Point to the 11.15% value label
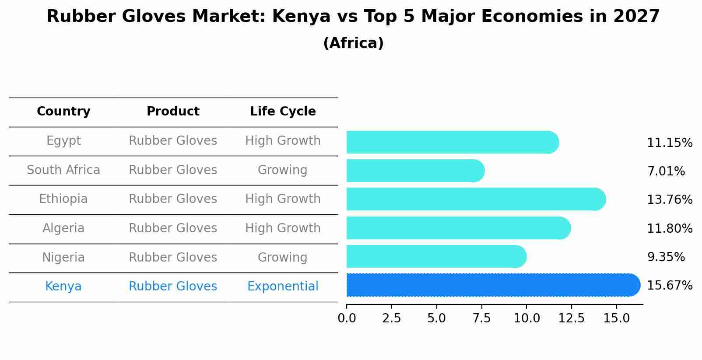coord(669,143)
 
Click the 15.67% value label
coord(669,286)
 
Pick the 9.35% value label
coord(666,257)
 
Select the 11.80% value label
coord(669,229)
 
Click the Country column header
coord(63,112)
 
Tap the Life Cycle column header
coord(283,112)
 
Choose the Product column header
coord(173,112)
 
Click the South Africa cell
coord(63,170)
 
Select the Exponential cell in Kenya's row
coord(283,287)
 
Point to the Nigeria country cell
coord(63,258)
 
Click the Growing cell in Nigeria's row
coord(283,258)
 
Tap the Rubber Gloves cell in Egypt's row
coord(173,141)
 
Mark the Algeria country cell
coord(63,228)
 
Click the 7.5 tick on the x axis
coord(481,318)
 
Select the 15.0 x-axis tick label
coord(616,318)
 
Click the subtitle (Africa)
coord(353,43)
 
